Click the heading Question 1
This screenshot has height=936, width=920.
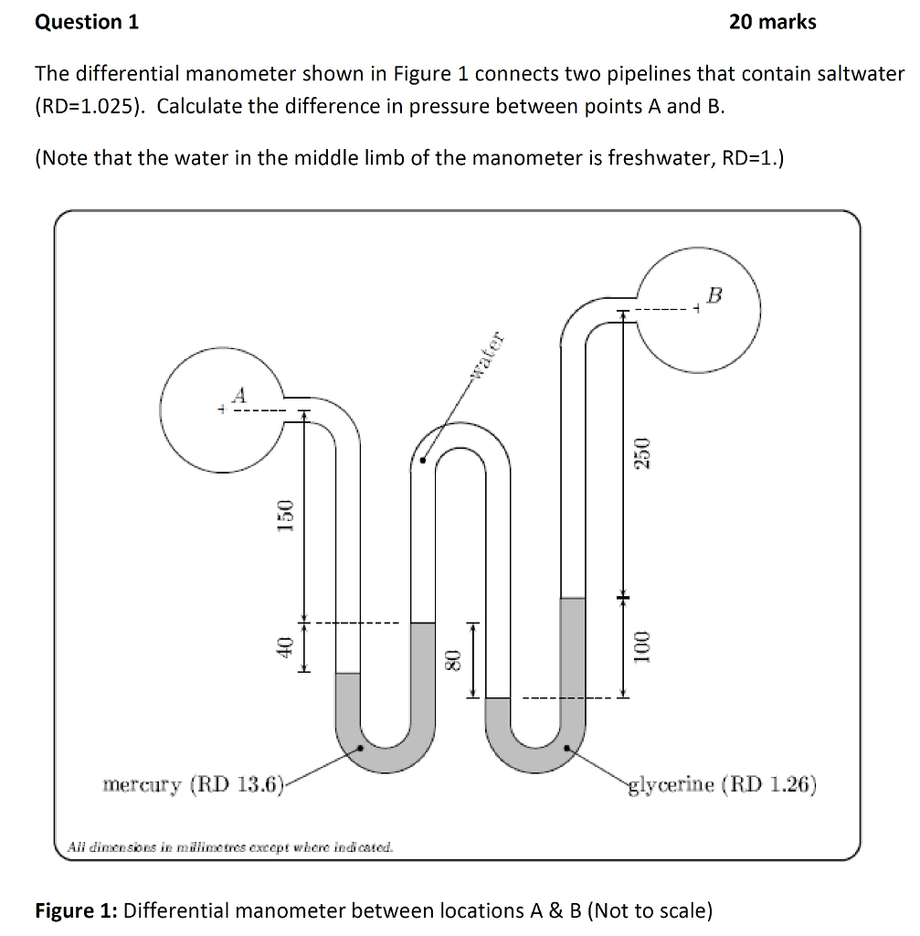[87, 22]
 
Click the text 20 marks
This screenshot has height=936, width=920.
[773, 22]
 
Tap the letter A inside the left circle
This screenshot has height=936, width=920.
[239, 395]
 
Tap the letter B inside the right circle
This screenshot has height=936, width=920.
[714, 294]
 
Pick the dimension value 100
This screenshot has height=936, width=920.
[642, 645]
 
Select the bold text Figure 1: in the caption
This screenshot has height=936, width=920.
[75, 910]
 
